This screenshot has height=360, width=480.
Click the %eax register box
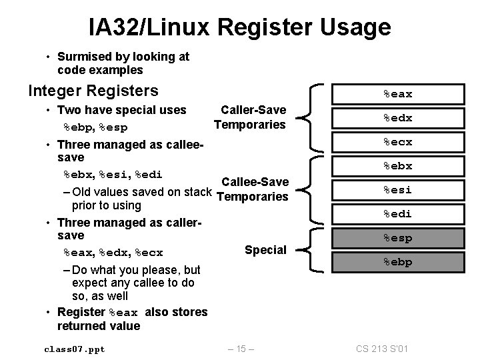pos(397,95)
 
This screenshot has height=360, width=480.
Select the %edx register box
pos(397,119)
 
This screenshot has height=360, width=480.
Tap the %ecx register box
pos(397,143)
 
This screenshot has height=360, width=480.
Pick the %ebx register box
pos(397,167)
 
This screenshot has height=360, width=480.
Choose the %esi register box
pos(397,190)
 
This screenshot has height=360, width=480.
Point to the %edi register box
pos(397,214)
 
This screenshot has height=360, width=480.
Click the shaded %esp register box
pos(397,238)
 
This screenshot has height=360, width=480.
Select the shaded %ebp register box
pos(397,262)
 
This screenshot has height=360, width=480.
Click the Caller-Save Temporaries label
pos(251,117)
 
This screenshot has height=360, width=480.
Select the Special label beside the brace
pos(265,250)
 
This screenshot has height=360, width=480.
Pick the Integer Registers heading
pos(93,90)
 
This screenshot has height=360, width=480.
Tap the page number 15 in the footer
pos(239,348)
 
